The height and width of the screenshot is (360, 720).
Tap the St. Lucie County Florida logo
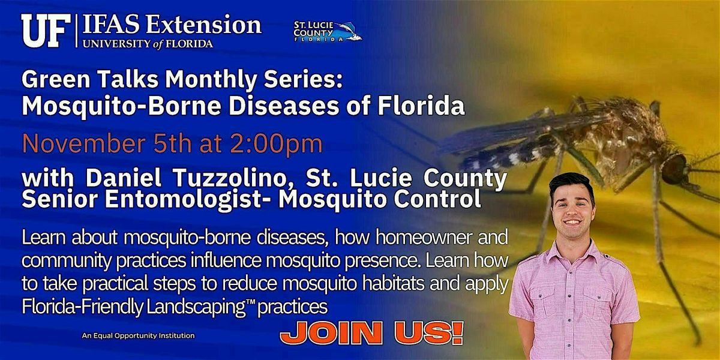327,31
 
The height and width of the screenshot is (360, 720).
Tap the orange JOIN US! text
371,331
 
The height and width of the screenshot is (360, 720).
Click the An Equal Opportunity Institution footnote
138,335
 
